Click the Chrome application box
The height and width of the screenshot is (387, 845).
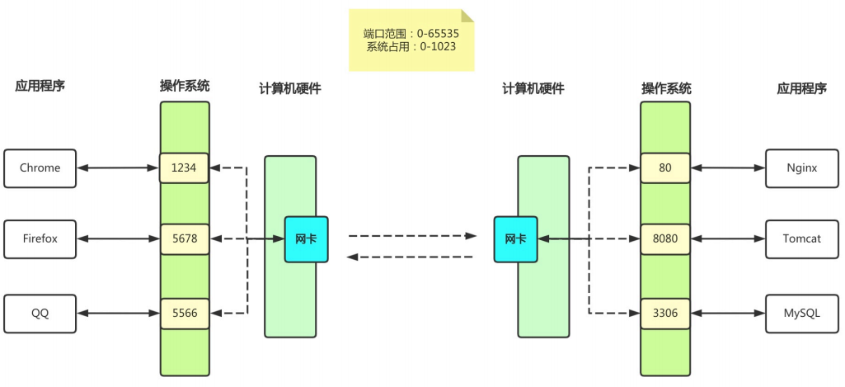click(40, 168)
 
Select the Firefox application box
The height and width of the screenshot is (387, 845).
click(40, 239)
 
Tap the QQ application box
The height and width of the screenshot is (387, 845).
click(40, 313)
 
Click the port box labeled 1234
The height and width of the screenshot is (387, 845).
click(185, 168)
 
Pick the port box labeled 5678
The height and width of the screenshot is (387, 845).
click(185, 239)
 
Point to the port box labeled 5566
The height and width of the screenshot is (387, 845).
click(185, 313)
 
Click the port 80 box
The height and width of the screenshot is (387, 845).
click(665, 168)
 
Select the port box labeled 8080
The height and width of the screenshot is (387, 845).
click(665, 239)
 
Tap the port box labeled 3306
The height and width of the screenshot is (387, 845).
click(665, 313)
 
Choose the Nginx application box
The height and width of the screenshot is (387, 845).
click(801, 168)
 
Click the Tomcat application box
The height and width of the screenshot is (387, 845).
click(801, 239)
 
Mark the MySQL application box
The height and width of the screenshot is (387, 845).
click(801, 313)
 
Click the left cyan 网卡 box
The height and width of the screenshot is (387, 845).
click(306, 239)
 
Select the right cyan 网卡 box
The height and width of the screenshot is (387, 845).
click(515, 239)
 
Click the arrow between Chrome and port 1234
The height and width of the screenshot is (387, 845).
click(118, 168)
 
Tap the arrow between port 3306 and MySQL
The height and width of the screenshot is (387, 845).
click(728, 313)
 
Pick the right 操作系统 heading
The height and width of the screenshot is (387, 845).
click(666, 88)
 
